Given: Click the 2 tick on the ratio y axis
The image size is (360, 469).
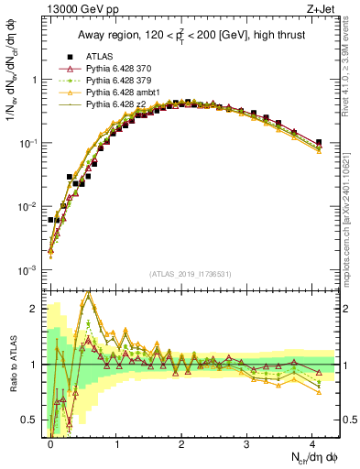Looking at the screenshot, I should [x=38, y=309].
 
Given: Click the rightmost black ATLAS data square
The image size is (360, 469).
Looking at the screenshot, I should [x=319, y=142].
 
